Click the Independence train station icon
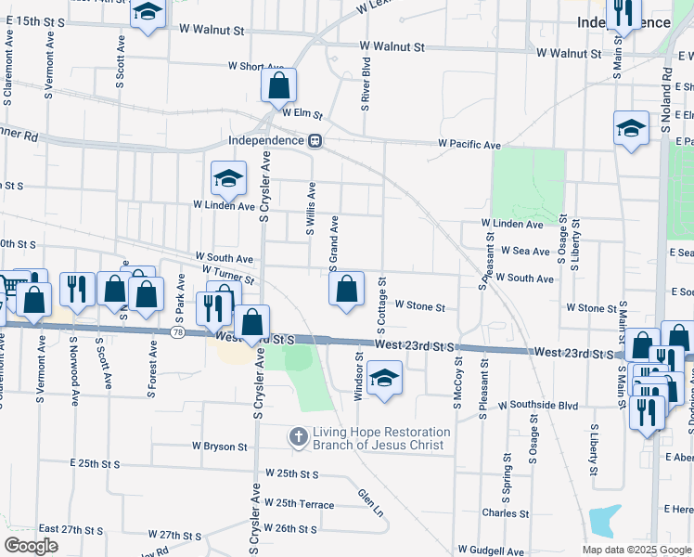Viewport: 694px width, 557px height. click(315, 141)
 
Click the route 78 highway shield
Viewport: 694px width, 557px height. click(177, 332)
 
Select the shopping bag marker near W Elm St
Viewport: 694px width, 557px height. click(278, 87)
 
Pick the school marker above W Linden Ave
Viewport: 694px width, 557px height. click(227, 176)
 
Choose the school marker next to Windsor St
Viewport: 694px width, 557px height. click(383, 379)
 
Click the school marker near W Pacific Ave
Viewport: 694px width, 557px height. click(631, 129)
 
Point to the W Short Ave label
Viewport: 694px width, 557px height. click(255, 66)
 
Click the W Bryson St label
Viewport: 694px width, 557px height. click(220, 447)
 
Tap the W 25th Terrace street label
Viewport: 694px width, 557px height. click(299, 502)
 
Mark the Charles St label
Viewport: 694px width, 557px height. click(506, 512)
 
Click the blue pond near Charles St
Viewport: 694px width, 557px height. click(604, 521)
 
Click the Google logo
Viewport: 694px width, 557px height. click(32, 546)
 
